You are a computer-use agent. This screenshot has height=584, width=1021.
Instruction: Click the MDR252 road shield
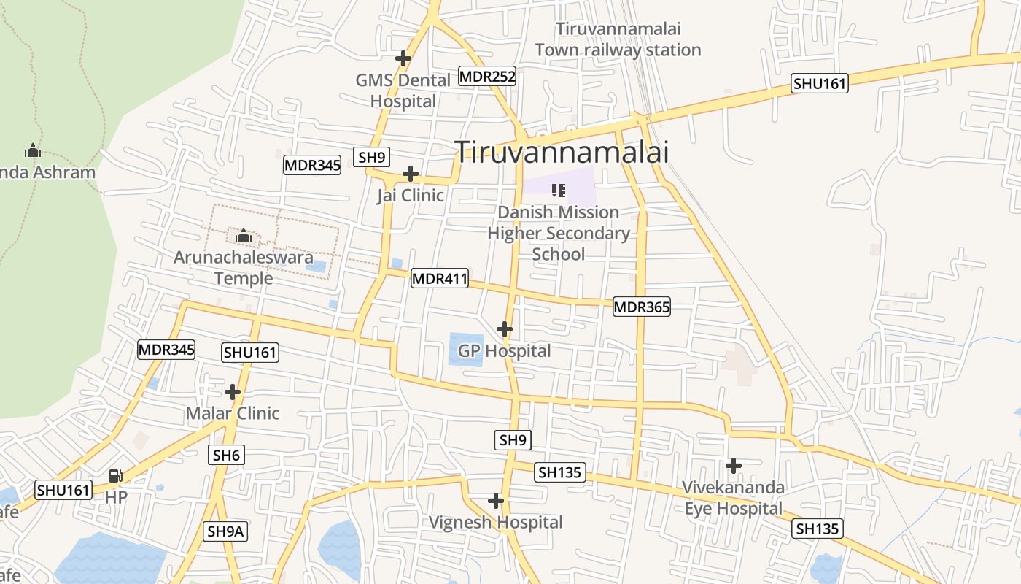tap(487, 76)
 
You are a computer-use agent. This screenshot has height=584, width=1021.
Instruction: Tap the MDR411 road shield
tap(440, 278)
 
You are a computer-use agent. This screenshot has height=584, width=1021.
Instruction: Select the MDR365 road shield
tap(642, 307)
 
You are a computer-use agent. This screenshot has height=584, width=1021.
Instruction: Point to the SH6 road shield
tap(226, 455)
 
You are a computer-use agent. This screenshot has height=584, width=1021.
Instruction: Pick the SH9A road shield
tap(225, 531)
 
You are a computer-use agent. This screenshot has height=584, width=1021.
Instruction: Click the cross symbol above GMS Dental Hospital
tap(403, 58)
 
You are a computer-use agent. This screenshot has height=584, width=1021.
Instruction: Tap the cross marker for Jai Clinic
tap(411, 174)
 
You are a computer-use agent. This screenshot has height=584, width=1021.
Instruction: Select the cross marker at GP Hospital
tap(504, 328)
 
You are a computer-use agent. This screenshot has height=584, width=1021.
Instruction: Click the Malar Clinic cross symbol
tap(233, 392)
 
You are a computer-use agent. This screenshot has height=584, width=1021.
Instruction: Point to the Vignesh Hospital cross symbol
tap(496, 501)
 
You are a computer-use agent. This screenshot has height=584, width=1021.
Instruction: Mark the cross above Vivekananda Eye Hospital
tap(734, 465)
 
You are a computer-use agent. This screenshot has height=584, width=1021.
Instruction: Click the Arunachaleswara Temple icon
tap(244, 237)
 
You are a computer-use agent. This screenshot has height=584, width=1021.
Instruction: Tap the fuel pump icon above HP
tap(115, 476)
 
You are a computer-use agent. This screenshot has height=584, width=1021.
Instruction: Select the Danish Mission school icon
tap(559, 191)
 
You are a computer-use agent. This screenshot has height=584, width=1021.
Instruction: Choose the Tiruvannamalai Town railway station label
tap(618, 39)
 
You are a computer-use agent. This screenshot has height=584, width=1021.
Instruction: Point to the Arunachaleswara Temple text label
tap(244, 267)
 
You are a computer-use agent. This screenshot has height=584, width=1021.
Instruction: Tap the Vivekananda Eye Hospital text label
tap(733, 498)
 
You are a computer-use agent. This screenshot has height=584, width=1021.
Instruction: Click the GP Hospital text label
tap(505, 351)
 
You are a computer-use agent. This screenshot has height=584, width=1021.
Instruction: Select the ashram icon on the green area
tap(32, 151)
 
